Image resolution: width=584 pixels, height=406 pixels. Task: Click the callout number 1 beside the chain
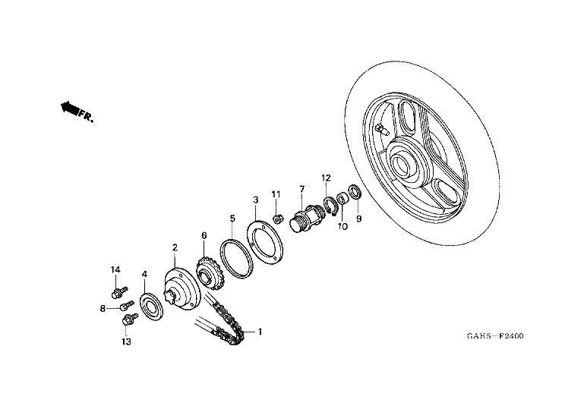(x=259, y=332)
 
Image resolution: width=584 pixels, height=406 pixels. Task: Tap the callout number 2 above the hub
(x=175, y=247)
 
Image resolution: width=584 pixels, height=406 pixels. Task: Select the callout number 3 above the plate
(x=256, y=200)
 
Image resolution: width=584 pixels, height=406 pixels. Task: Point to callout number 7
(x=301, y=188)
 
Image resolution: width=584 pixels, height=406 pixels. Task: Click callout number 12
(x=326, y=178)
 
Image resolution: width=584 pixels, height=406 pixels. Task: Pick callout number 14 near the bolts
(x=116, y=270)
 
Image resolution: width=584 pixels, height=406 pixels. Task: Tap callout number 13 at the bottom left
(x=126, y=342)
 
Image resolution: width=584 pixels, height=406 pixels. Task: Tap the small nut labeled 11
(x=279, y=219)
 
